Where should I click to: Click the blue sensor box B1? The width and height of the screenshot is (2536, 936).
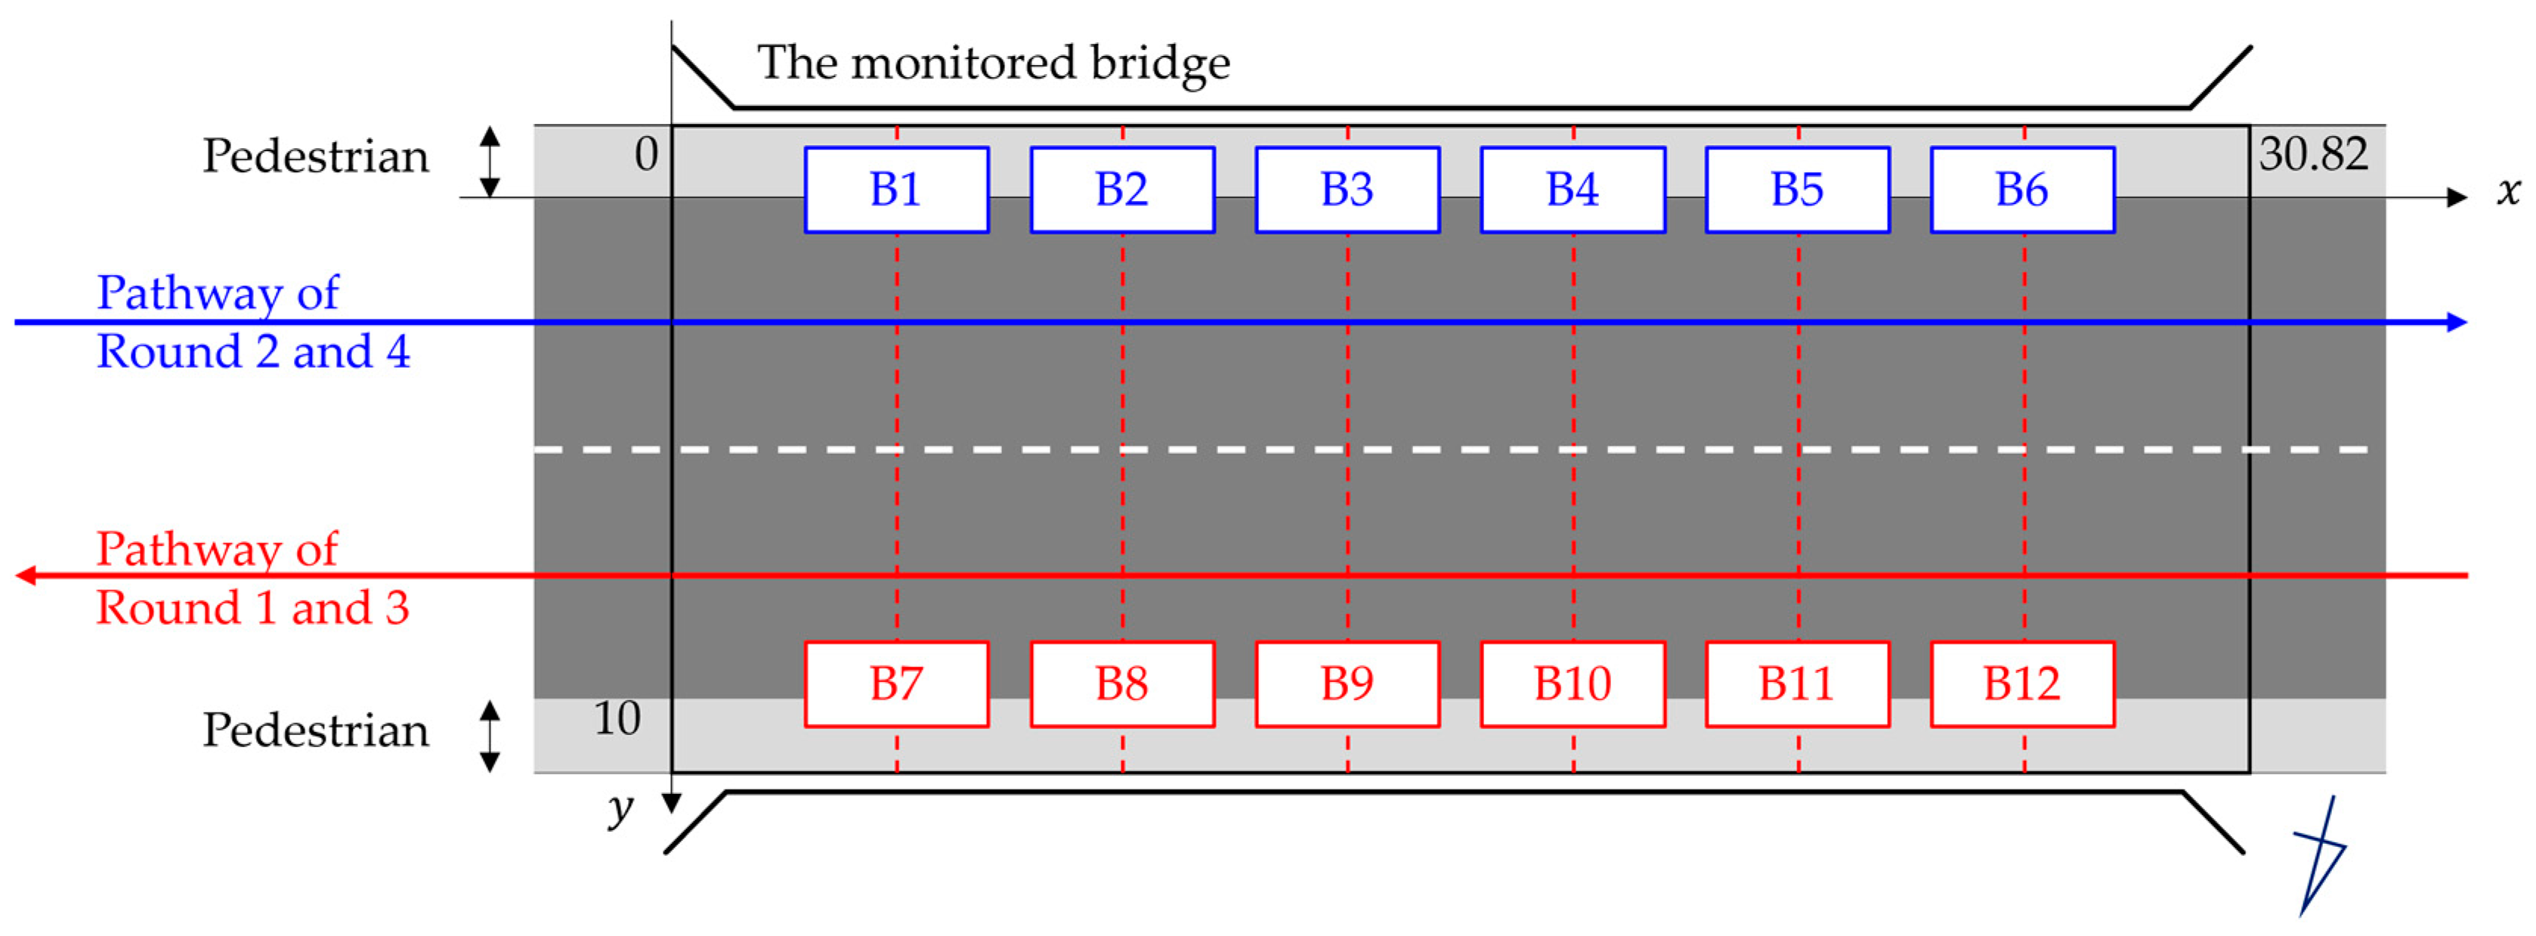point(896,190)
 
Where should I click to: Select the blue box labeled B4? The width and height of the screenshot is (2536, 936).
point(1573,190)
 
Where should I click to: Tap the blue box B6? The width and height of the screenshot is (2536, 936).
point(2022,190)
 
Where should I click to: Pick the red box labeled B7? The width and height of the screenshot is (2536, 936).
point(896,684)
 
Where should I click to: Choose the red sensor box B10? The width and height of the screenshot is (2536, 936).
point(1573,684)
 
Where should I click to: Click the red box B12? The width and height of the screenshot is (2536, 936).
point(2022,684)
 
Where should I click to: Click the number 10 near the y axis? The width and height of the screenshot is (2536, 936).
point(617,718)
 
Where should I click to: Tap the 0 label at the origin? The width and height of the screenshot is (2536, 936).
point(646,155)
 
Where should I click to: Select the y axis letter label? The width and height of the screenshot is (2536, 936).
point(619,809)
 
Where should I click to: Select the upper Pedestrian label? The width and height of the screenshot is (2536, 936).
point(315,156)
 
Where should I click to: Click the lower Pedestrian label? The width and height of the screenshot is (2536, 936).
point(315,731)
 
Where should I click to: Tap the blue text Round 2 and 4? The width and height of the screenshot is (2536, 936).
point(253,352)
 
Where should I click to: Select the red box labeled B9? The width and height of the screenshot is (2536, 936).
point(1347,684)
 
